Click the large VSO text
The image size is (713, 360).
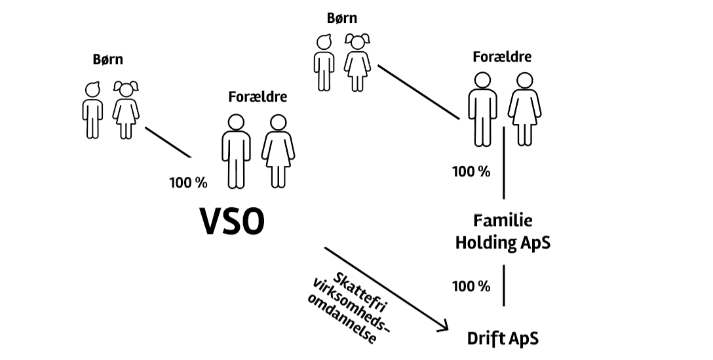pyautogui.click(x=233, y=222)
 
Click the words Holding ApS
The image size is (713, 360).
pyautogui.click(x=503, y=243)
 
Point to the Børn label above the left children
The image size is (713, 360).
pyautogui.click(x=108, y=60)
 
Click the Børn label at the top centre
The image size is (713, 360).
pyautogui.click(x=343, y=18)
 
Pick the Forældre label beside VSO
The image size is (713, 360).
pyautogui.click(x=258, y=97)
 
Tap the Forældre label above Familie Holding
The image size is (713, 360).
pyautogui.click(x=502, y=57)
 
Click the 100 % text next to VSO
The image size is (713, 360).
pyautogui.click(x=188, y=182)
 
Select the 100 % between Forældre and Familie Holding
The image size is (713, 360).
pyautogui.click(x=471, y=172)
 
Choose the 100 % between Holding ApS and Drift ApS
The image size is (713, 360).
pyautogui.click(x=471, y=286)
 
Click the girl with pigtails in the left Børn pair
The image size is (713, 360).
pyautogui.click(x=126, y=110)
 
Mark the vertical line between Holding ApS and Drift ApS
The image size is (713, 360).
pyautogui.click(x=503, y=285)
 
